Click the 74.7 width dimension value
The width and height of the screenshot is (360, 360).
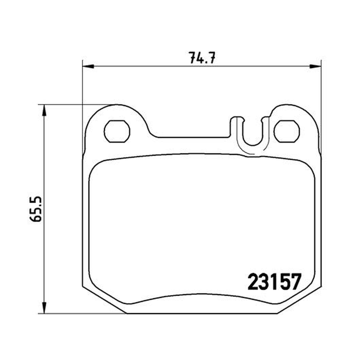[x=202, y=58]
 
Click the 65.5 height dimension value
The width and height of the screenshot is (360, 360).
[x=36, y=209]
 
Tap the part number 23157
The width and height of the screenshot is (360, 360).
[x=274, y=282]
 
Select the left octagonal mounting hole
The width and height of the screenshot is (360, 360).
[x=117, y=131]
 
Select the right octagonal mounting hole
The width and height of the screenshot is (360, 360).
[x=287, y=131]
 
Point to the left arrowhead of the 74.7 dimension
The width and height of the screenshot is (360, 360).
[x=88, y=66]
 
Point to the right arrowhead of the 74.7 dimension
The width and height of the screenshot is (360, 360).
[x=315, y=66]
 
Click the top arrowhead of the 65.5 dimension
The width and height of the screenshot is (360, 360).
[x=44, y=110]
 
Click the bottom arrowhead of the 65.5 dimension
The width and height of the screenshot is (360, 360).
[x=44, y=307]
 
